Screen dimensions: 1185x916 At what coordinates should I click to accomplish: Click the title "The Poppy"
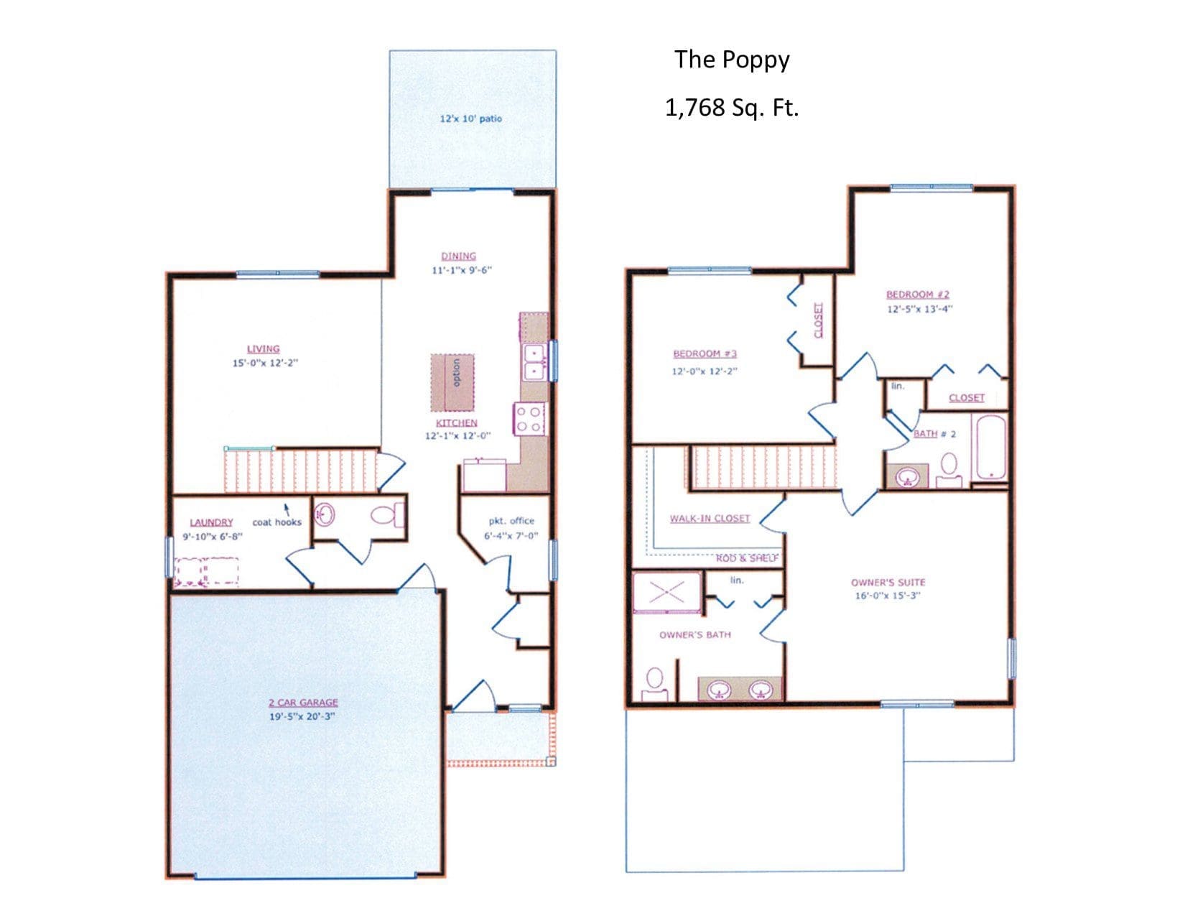pyautogui.click(x=731, y=60)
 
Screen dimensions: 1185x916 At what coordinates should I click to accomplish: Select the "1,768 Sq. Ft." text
pyautogui.click(x=731, y=108)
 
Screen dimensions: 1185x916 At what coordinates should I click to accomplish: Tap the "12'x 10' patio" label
pyautogui.click(x=470, y=119)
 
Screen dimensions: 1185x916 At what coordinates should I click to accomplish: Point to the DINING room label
pyautogui.click(x=458, y=256)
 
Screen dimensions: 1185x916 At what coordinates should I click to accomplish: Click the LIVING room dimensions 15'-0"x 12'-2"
pyautogui.click(x=265, y=363)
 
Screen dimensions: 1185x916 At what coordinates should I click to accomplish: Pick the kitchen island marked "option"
pyautogui.click(x=452, y=382)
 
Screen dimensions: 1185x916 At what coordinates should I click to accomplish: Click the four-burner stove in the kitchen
pyautogui.click(x=529, y=419)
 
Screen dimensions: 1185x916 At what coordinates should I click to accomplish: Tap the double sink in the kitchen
pyautogui.click(x=534, y=362)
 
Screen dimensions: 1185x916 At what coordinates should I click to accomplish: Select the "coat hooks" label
pyautogui.click(x=276, y=522)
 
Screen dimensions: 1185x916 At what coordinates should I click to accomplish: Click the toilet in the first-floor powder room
pyautogui.click(x=388, y=514)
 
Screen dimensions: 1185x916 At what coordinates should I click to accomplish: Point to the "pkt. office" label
pyautogui.click(x=511, y=521)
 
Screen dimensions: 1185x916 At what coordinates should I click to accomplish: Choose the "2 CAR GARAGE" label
pyautogui.click(x=303, y=703)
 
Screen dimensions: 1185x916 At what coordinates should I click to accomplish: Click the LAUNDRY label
pyautogui.click(x=211, y=522)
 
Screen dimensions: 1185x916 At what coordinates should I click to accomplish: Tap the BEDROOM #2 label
pyautogui.click(x=917, y=295)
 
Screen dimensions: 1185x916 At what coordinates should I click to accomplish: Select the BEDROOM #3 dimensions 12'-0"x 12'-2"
pyautogui.click(x=704, y=371)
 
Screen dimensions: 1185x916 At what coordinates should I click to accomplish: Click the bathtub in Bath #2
pyautogui.click(x=991, y=448)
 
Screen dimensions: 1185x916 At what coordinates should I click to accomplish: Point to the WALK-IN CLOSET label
pyautogui.click(x=710, y=518)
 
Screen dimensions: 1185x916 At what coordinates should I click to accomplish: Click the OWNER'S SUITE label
pyautogui.click(x=888, y=582)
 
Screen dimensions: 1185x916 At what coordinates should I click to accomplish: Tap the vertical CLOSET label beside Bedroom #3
pyautogui.click(x=818, y=320)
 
